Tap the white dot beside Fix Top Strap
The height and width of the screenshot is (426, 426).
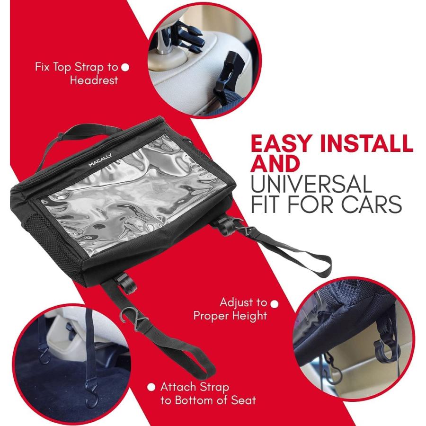[125, 67]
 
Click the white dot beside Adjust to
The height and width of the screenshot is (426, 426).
[274, 302]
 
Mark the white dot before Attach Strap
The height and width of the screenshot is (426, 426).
[151, 387]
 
